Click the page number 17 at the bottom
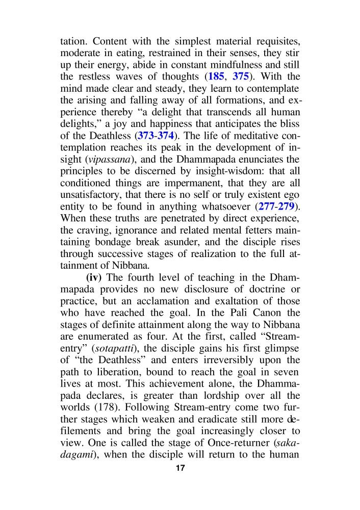[x=179, y=468]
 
